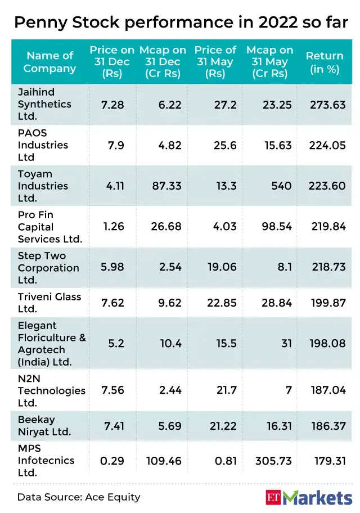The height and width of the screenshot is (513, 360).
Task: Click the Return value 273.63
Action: point(327,104)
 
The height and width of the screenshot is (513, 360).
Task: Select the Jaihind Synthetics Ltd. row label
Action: point(44,104)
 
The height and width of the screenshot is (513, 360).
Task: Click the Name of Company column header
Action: point(50,62)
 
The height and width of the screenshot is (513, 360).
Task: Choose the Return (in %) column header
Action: point(325,62)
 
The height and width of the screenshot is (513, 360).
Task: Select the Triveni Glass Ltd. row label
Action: point(49,303)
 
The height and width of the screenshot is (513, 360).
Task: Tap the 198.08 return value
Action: point(327,343)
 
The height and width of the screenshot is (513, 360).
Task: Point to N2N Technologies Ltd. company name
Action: point(51,390)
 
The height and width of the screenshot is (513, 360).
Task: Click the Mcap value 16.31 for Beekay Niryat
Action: point(279,426)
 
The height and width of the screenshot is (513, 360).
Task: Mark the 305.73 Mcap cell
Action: point(274,461)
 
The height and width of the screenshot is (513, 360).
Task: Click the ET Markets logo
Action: point(309,497)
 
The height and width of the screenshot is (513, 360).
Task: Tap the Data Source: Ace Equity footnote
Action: point(79,497)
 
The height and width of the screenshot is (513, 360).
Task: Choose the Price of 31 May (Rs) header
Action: point(215,62)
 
